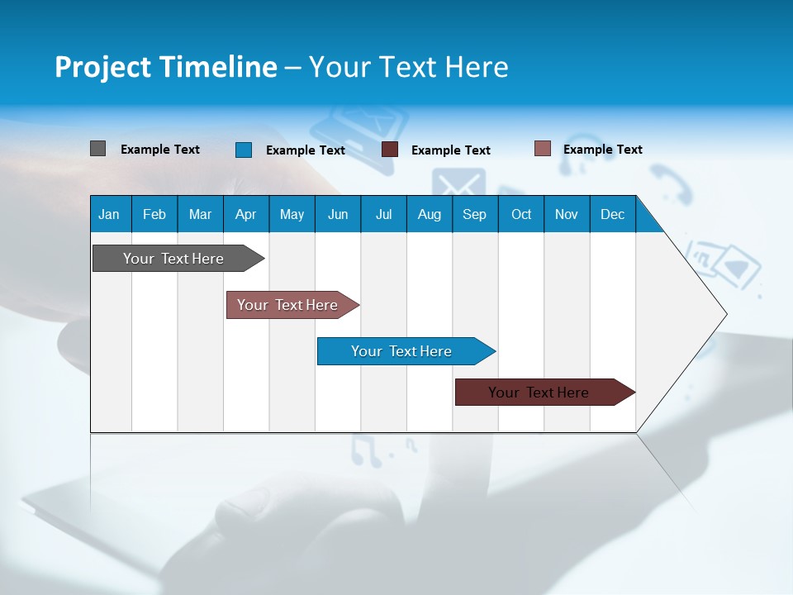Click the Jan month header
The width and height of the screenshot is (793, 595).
(x=110, y=214)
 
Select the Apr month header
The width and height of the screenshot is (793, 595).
(x=246, y=214)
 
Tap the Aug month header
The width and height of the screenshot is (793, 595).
(x=430, y=214)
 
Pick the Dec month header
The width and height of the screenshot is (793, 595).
(x=613, y=214)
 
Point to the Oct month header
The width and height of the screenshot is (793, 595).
(x=521, y=214)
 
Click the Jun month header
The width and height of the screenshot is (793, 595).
(x=338, y=214)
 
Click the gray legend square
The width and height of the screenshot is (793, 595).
(x=97, y=149)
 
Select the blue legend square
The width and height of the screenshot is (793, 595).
(x=244, y=150)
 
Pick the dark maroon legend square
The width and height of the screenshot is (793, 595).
(x=390, y=150)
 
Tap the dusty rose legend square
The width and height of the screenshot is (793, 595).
(x=543, y=149)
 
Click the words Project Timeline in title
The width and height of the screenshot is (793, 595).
(x=165, y=67)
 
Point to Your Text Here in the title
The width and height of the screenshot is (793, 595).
(x=409, y=67)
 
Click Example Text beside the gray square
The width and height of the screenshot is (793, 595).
(x=160, y=150)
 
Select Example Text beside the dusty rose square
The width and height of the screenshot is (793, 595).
(x=603, y=150)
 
